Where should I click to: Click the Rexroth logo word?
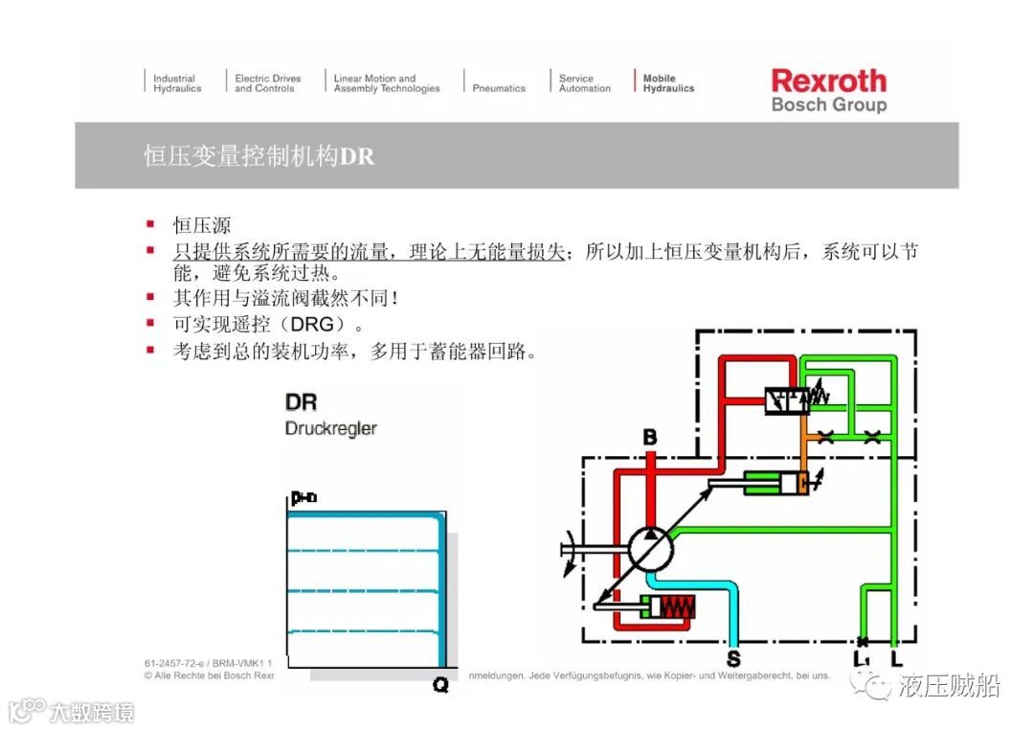(x=828, y=80)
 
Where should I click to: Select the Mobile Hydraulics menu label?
(x=667, y=83)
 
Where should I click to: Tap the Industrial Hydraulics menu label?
(x=177, y=83)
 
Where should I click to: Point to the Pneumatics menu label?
(x=499, y=88)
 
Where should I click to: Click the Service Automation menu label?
(x=584, y=83)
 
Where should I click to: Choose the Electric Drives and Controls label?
(x=267, y=83)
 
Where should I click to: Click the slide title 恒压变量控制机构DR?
(x=258, y=155)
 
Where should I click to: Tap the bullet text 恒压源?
(x=201, y=225)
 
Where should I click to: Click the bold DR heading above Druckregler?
(x=301, y=403)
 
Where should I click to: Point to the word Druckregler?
(x=330, y=428)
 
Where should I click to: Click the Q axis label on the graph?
(x=440, y=684)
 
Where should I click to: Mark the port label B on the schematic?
(x=649, y=438)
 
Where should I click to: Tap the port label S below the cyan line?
(x=733, y=659)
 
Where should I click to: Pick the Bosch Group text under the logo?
(x=828, y=105)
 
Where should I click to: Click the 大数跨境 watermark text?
(x=92, y=712)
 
